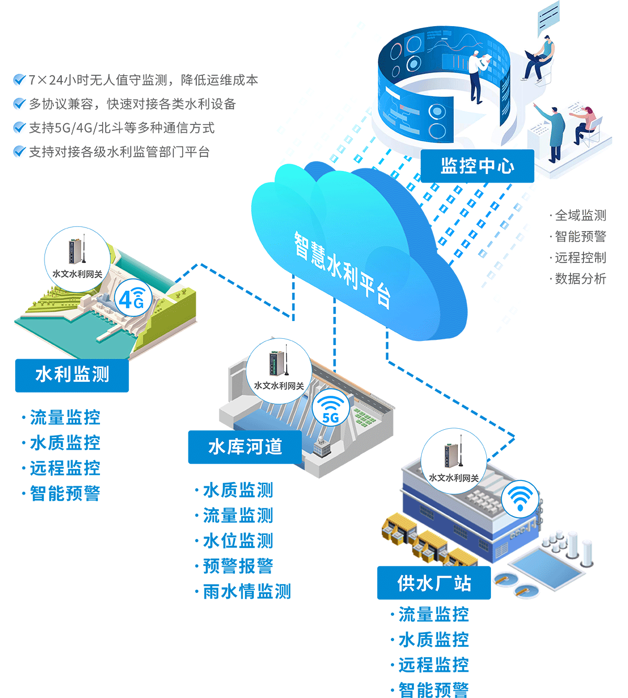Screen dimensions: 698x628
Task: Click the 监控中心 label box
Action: pyautogui.click(x=477, y=166)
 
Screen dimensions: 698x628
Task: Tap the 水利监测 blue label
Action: pyautogui.click(x=72, y=375)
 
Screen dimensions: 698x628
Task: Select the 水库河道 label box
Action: pyautogui.click(x=245, y=447)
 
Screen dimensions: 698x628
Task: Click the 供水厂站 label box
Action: pyautogui.click(x=434, y=582)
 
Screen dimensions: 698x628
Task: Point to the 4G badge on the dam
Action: pyautogui.click(x=133, y=299)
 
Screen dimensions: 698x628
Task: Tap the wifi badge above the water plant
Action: pyautogui.click(x=519, y=498)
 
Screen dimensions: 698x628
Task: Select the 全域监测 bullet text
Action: pyautogui.click(x=580, y=215)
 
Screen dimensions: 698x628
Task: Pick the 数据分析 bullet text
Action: pyautogui.click(x=580, y=279)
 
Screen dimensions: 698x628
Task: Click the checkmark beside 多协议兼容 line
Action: pyautogui.click(x=19, y=104)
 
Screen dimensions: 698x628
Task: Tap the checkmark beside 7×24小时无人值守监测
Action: pyautogui.click(x=19, y=79)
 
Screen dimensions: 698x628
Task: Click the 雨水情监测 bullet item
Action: pyautogui.click(x=246, y=591)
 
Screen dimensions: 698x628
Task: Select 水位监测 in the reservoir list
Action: pyautogui.click(x=238, y=541)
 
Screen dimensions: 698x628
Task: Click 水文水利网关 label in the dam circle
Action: pyautogui.click(x=77, y=274)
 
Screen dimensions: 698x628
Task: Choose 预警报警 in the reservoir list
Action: pyautogui.click(x=238, y=566)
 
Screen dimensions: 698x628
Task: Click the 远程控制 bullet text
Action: pyautogui.click(x=580, y=258)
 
